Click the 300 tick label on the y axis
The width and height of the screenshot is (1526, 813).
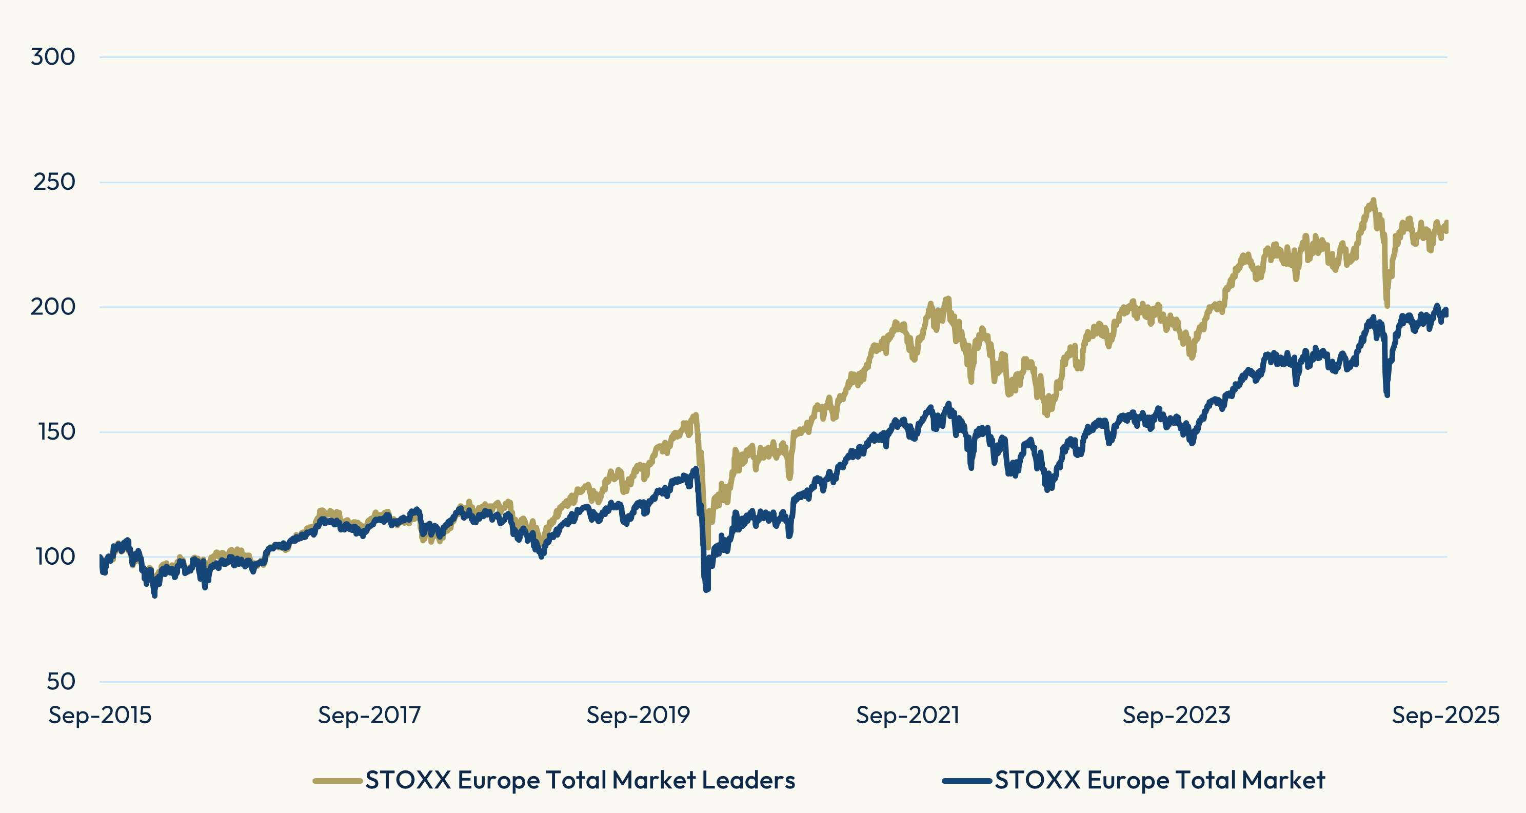coord(53,57)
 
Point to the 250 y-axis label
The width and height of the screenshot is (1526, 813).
coord(54,182)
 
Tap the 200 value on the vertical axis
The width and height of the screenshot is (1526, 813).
coord(53,307)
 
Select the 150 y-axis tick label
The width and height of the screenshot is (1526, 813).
coord(57,432)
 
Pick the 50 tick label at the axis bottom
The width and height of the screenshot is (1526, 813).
coord(61,682)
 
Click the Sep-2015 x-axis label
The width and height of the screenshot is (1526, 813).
coord(100,715)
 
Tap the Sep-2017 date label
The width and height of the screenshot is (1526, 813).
coord(369,715)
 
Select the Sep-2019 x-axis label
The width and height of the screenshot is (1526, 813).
coord(638,715)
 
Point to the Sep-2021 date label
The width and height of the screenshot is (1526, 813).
coord(907,715)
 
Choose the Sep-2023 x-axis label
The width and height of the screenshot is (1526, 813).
coord(1177,715)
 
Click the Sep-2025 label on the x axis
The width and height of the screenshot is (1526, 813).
coord(1445,715)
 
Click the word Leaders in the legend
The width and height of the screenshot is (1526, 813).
coord(748,780)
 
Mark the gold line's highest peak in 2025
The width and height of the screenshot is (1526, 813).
coord(1373,200)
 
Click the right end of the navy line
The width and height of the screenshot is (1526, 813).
coord(1446,312)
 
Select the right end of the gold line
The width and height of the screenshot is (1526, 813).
coord(1446,226)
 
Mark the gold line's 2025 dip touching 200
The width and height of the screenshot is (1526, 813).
coord(1387,306)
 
